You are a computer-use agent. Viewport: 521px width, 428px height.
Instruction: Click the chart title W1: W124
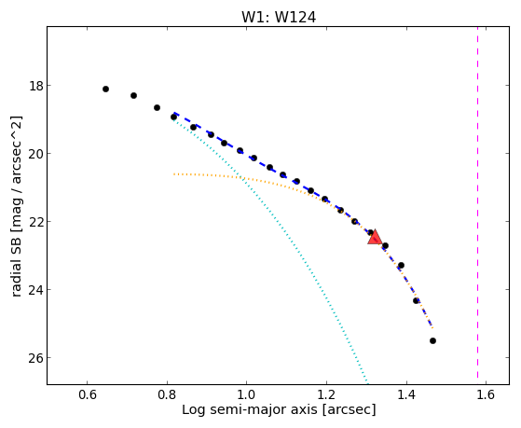coord(279,18)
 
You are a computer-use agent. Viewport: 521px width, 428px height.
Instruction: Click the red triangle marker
coord(375,237)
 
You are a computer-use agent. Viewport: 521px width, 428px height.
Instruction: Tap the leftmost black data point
coord(105,89)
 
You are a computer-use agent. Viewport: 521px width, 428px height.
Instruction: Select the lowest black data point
coord(432,340)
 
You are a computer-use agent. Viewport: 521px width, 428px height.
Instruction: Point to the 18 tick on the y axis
coord(36,86)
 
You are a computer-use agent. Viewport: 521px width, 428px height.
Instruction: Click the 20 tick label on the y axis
coord(36,154)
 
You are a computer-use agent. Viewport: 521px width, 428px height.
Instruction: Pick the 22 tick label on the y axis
coord(36,222)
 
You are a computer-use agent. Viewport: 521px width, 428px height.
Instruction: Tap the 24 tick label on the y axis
coord(36,290)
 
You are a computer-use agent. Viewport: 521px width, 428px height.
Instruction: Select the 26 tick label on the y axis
coord(36,358)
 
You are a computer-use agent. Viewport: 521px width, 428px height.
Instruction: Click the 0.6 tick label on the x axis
coord(87,394)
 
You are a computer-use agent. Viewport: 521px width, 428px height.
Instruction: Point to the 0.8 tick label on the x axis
coord(167,394)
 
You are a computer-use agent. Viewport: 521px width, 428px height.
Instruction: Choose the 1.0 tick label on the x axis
coord(247,394)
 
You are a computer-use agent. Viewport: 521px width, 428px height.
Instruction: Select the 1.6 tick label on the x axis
coord(486,394)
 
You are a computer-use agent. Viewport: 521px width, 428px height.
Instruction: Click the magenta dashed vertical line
coord(478,202)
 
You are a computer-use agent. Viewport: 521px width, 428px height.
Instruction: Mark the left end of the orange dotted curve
coord(173,174)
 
